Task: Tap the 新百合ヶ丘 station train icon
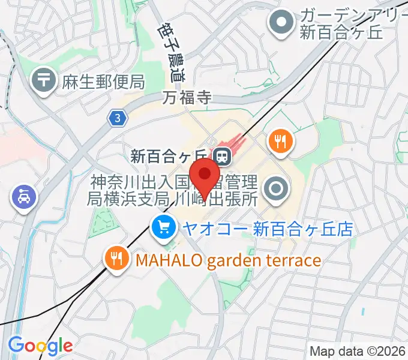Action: point(223,157)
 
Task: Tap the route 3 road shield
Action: point(118,119)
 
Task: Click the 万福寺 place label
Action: point(188,98)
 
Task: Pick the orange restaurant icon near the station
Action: point(280,142)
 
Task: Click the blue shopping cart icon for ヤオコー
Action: point(163,228)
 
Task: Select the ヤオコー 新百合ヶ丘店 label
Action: point(267,229)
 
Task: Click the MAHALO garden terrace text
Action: point(228,260)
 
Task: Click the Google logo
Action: point(40,346)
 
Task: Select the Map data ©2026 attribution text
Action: point(358,351)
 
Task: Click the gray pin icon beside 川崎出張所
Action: point(277,190)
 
